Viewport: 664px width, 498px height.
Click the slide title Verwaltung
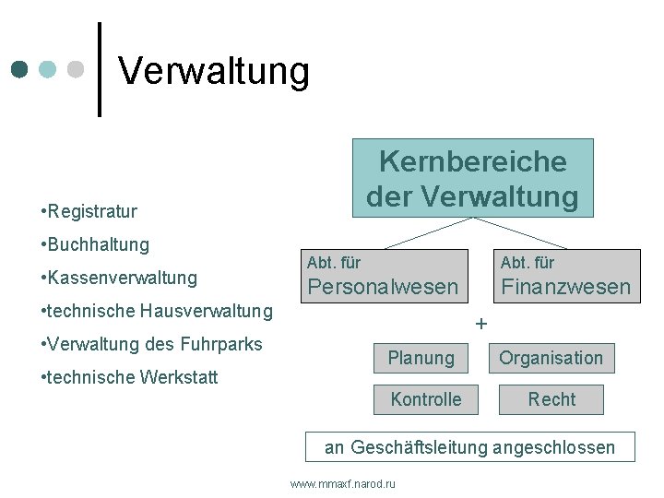(x=214, y=71)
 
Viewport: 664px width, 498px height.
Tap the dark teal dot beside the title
(x=19, y=70)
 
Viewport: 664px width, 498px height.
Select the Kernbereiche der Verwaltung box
(x=472, y=178)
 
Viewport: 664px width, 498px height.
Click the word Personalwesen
(x=382, y=287)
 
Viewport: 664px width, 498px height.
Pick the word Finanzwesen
(x=565, y=287)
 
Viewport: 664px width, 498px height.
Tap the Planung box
(x=421, y=358)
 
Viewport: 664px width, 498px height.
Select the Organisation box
(x=551, y=358)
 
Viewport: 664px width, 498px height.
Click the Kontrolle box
(x=426, y=399)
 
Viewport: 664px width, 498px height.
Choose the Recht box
(x=551, y=399)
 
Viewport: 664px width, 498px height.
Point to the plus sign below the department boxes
(x=480, y=325)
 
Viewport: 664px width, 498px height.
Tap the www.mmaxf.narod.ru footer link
(x=342, y=483)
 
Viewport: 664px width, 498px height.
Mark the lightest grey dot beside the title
(x=77, y=70)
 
